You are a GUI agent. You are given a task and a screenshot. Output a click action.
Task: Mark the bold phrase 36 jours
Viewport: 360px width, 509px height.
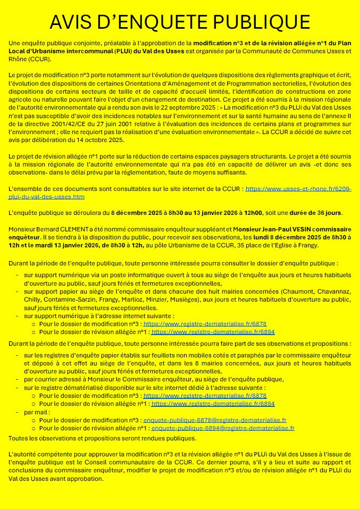pos(325,213)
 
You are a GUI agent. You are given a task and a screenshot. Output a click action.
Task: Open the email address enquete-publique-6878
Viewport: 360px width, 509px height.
pos(215,420)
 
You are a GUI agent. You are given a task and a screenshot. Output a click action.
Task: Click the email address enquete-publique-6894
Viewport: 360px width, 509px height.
pos(223,428)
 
